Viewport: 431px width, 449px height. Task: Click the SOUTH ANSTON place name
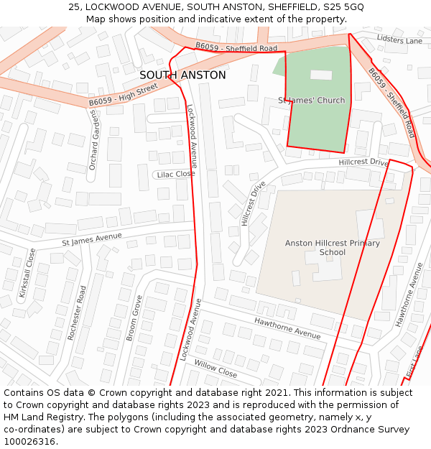[x=182, y=75]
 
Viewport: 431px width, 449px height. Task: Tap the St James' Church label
[x=312, y=101]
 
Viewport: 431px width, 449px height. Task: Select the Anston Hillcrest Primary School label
[x=332, y=248]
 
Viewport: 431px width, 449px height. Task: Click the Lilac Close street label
[x=175, y=174]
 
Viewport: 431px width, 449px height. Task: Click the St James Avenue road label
[x=92, y=239]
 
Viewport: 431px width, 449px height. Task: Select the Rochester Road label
[x=77, y=313]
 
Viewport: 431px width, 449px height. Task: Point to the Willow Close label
[x=215, y=369]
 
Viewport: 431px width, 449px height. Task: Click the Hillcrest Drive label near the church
[x=363, y=163]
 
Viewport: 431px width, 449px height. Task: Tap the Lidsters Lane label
[x=400, y=41]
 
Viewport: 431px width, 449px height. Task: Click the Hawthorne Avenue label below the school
[x=287, y=328]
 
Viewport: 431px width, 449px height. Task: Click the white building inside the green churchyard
[x=321, y=75]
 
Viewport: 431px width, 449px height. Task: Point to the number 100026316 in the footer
[x=29, y=441]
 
